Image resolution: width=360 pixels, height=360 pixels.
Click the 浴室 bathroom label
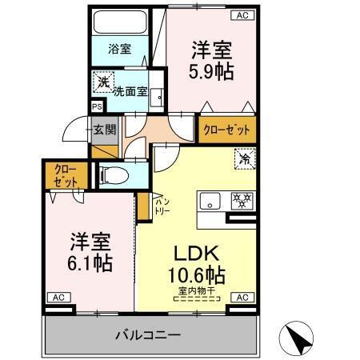pos(119,48)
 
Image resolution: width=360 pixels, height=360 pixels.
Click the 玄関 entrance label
pos(104,128)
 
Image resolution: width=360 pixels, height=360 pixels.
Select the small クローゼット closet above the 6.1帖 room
pos(61,176)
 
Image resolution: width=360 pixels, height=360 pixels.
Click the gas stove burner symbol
pos(242,200)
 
